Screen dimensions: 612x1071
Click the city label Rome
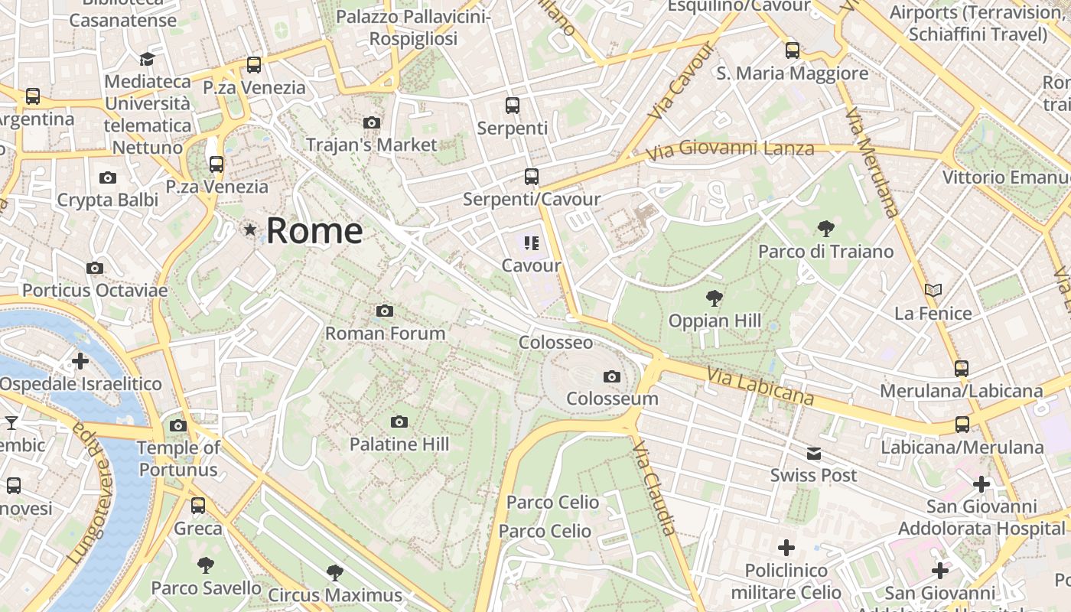pyautogui.click(x=314, y=230)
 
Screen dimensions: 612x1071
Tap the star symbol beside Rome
pyautogui.click(x=249, y=229)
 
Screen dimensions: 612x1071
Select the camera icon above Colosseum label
pyautogui.click(x=611, y=376)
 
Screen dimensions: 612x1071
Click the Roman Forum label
pyautogui.click(x=385, y=334)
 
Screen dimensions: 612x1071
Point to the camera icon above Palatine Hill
pyautogui.click(x=399, y=422)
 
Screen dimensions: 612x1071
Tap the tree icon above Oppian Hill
pyautogui.click(x=715, y=298)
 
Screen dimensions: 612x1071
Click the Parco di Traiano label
pyautogui.click(x=825, y=252)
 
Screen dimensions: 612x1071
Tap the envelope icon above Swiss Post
pyautogui.click(x=814, y=454)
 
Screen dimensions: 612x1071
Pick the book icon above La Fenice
pyautogui.click(x=933, y=291)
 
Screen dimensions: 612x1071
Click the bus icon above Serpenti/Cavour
pyautogui.click(x=532, y=177)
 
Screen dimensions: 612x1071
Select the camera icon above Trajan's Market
pyautogui.click(x=372, y=122)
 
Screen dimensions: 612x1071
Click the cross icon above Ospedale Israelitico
pyautogui.click(x=80, y=360)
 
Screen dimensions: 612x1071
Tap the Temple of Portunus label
pyautogui.click(x=178, y=459)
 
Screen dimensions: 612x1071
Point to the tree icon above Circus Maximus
pyautogui.click(x=334, y=572)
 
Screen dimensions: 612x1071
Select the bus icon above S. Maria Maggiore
pyautogui.click(x=792, y=50)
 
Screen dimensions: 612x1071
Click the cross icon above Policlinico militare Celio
pyautogui.click(x=786, y=548)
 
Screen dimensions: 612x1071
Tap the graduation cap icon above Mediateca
pyautogui.click(x=147, y=59)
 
